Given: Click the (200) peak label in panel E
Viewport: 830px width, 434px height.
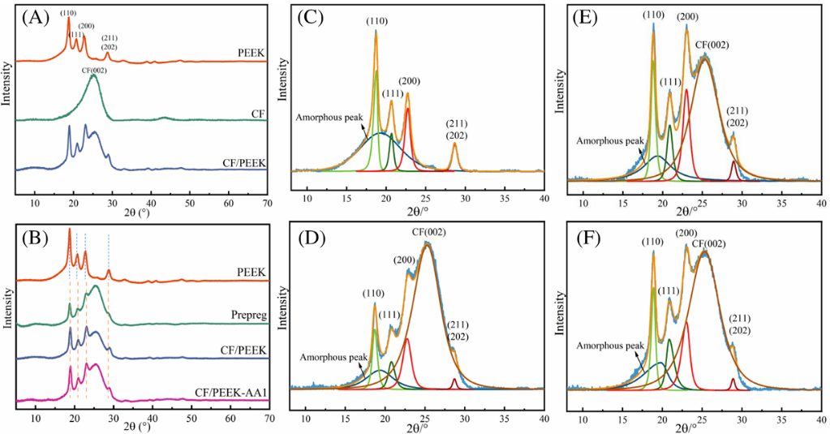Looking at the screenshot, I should point(687,16).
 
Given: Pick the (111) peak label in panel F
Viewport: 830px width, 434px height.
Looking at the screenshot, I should point(668,290).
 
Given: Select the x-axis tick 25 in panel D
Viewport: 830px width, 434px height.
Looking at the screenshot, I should point(424,418).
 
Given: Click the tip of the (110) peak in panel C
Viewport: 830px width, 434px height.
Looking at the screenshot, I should point(376,31).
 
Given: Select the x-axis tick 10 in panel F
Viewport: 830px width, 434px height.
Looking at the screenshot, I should point(583,418).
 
